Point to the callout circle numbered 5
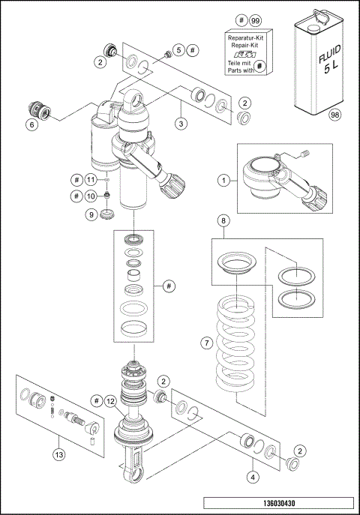pos(178,49)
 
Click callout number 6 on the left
pos(31,126)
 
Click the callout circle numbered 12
pos(109,402)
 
